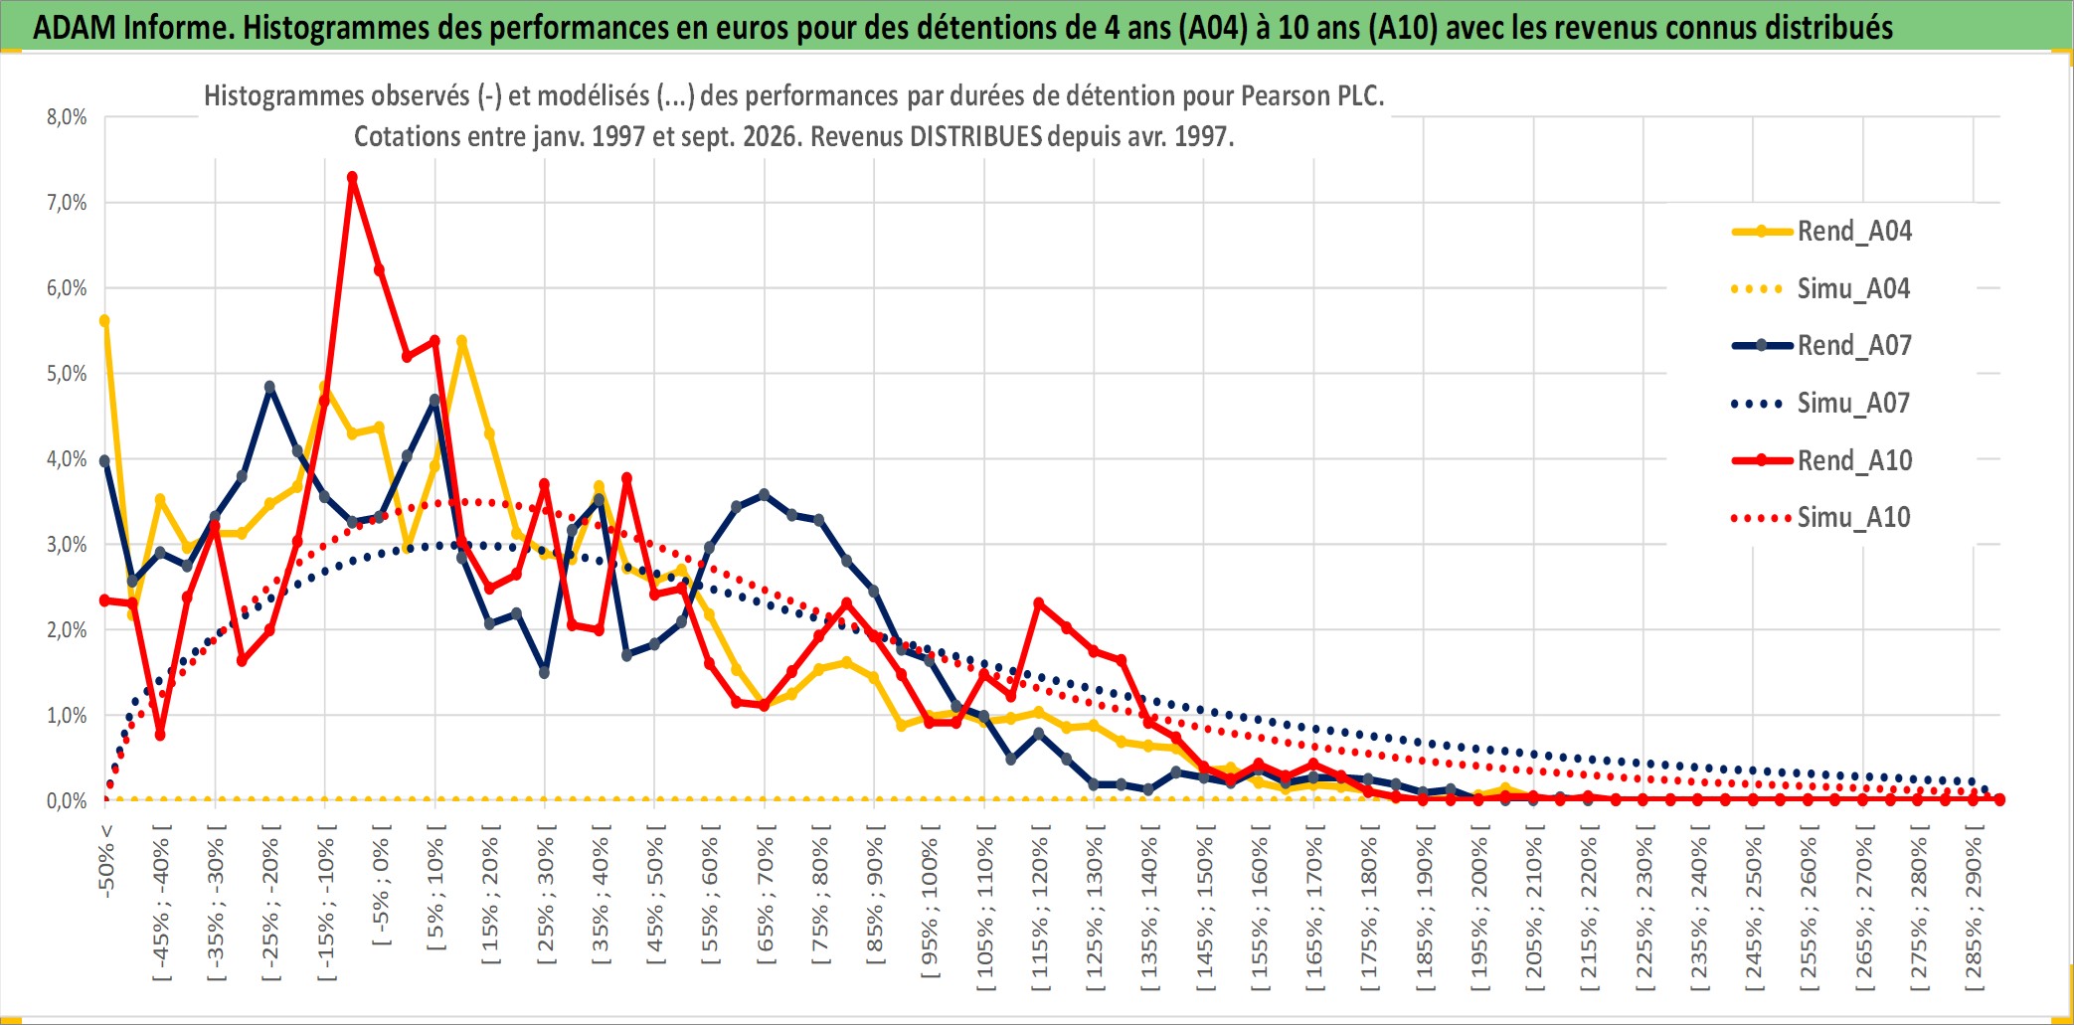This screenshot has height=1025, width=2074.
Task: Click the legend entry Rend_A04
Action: click(x=1820, y=232)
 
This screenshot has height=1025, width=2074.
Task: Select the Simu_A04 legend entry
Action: click(x=1820, y=289)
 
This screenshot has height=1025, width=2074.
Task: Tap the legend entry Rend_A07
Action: click(x=1820, y=346)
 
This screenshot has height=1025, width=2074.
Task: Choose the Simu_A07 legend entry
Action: click(x=1820, y=404)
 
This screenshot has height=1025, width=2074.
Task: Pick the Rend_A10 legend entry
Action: click(x=1820, y=460)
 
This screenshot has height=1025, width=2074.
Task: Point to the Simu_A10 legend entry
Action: click(x=1820, y=517)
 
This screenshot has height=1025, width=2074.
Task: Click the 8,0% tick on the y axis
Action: click(x=67, y=117)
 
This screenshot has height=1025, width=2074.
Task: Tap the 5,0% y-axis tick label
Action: click(x=67, y=374)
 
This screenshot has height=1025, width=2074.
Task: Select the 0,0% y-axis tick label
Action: click(x=67, y=801)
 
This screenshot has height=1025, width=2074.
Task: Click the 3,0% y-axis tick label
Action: click(x=67, y=545)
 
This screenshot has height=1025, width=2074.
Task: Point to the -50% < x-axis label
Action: click(x=106, y=861)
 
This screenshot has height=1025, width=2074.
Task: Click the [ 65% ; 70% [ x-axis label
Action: click(x=765, y=901)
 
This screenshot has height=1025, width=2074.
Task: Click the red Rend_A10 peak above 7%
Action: click(x=352, y=178)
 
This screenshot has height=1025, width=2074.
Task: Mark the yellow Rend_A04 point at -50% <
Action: click(x=104, y=321)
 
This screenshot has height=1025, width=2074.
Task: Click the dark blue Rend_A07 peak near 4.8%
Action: click(x=269, y=387)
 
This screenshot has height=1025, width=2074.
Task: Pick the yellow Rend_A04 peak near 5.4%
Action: click(x=461, y=341)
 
